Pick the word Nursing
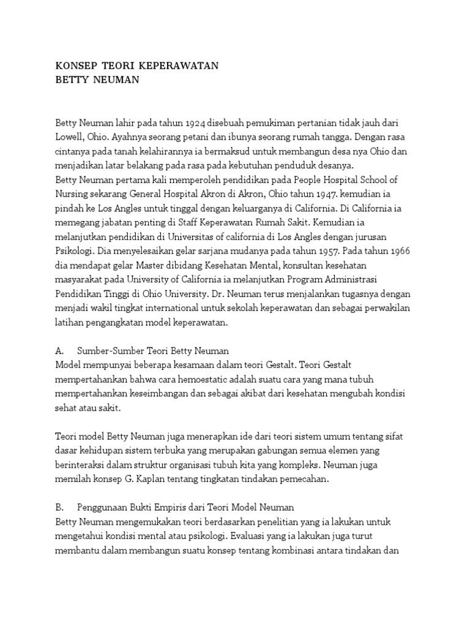(72, 193)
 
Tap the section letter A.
(59, 351)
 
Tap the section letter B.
(59, 508)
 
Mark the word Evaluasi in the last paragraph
(247, 536)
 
